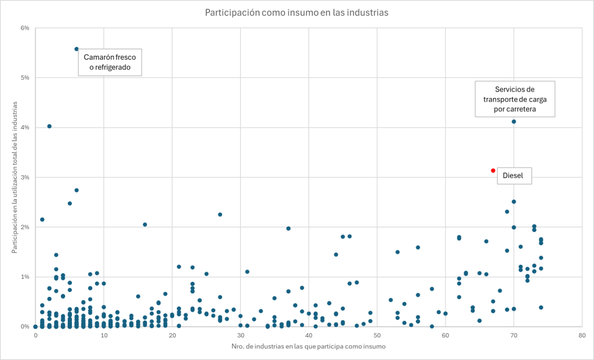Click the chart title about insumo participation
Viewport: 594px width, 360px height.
(x=296, y=12)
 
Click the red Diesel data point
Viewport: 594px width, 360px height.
(x=493, y=170)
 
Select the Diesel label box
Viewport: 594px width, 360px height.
(x=515, y=176)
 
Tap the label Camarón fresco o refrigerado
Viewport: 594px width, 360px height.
(x=110, y=63)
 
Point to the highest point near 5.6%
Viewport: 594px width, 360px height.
(x=77, y=49)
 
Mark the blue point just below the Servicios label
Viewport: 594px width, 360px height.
(x=514, y=122)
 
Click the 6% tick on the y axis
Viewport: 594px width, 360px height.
(x=25, y=28)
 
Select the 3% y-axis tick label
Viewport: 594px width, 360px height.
(x=25, y=177)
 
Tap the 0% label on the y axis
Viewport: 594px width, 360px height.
(x=25, y=327)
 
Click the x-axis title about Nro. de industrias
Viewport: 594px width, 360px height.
(x=309, y=347)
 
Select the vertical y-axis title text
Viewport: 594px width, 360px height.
(x=15, y=177)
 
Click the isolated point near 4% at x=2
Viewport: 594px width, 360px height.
(x=49, y=126)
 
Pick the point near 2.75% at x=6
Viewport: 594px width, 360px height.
(x=77, y=190)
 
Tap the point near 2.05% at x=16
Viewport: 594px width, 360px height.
(x=145, y=224)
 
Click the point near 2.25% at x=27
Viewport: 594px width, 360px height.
(x=220, y=214)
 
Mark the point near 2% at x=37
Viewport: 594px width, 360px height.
(x=288, y=228)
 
